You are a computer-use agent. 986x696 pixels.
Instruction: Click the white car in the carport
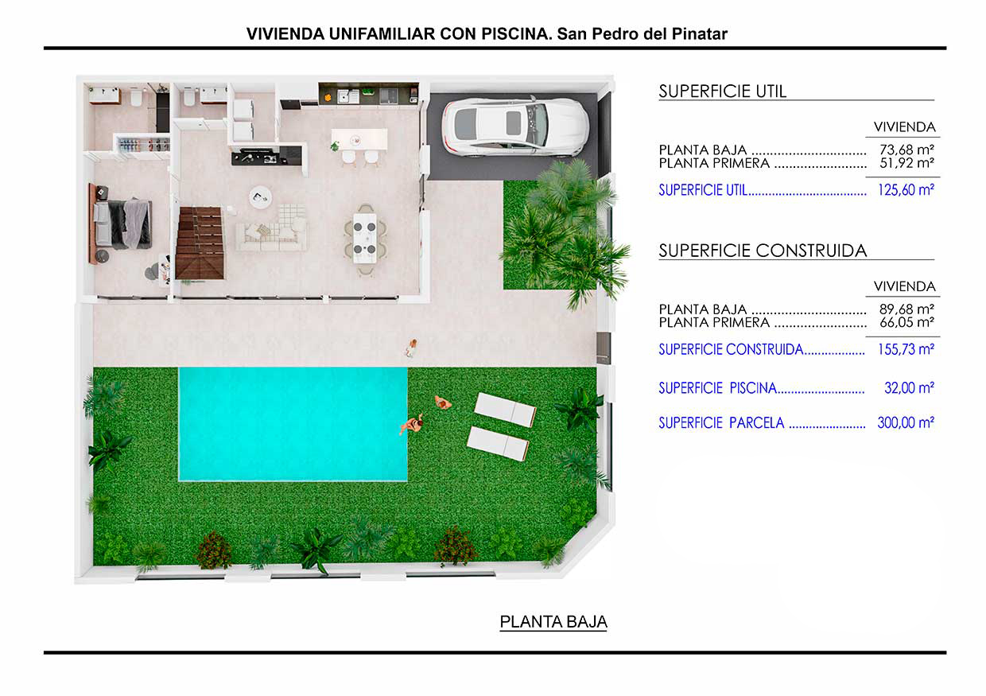[515, 126]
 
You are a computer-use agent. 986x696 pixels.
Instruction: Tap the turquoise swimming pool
[293, 424]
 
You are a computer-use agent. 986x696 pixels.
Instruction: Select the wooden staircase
[200, 243]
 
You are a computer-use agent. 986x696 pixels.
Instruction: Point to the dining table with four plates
[365, 239]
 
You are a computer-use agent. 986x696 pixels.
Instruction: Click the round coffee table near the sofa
[260, 196]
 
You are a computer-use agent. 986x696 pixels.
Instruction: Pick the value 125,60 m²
[906, 190]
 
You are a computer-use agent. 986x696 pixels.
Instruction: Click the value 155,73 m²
[906, 349]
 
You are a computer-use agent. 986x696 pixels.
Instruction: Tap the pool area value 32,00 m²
[909, 388]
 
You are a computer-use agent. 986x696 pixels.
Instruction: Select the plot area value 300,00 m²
[906, 422]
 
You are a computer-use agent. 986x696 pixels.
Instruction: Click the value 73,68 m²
[906, 150]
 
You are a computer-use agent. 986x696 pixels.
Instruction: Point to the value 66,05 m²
[906, 322]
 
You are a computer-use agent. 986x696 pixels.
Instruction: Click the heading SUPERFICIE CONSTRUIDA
[763, 251]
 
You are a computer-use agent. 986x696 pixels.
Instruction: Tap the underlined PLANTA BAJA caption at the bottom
[553, 621]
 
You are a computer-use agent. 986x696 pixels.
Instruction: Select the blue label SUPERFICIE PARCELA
[721, 423]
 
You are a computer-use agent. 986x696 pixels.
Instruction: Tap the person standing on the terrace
[412, 348]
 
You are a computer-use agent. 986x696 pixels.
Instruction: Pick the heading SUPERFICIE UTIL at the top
[722, 91]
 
